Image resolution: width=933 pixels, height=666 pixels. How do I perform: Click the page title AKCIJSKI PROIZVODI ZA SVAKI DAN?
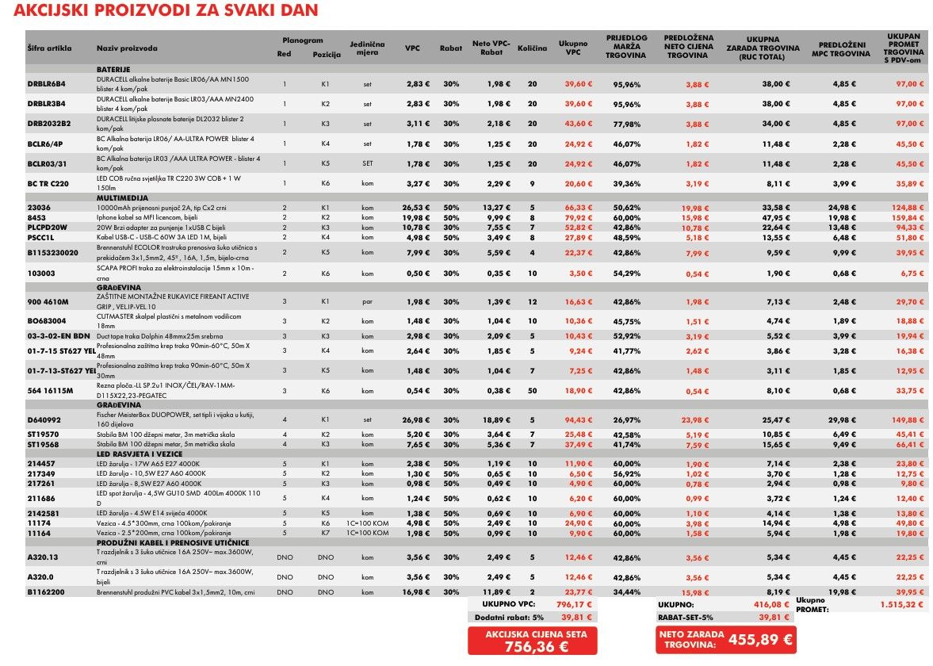click(166, 10)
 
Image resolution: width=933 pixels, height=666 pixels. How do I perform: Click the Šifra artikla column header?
click(49, 48)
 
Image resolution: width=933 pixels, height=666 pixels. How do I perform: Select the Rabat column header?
click(451, 48)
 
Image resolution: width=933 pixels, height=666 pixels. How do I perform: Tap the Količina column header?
click(532, 48)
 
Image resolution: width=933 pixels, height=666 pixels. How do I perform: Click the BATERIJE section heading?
click(113, 70)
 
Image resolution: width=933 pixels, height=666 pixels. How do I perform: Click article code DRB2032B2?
click(49, 124)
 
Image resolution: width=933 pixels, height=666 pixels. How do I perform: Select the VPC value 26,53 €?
click(415, 207)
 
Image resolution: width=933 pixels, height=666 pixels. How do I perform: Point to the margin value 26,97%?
click(626, 420)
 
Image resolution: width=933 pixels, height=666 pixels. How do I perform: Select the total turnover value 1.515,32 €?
click(901, 604)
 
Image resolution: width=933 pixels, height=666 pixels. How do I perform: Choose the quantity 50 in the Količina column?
click(532, 391)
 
